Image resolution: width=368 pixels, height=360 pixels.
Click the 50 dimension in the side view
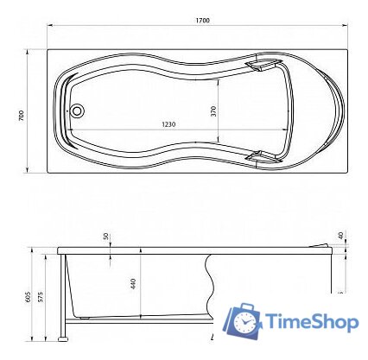(106, 236)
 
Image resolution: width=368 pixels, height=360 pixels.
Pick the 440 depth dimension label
(132, 282)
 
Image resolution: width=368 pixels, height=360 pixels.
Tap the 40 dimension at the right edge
(342, 235)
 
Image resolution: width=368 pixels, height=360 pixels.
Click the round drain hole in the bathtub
(78, 111)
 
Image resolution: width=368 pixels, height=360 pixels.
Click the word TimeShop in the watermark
(313, 323)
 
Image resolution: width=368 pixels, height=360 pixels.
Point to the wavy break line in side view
(209, 281)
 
